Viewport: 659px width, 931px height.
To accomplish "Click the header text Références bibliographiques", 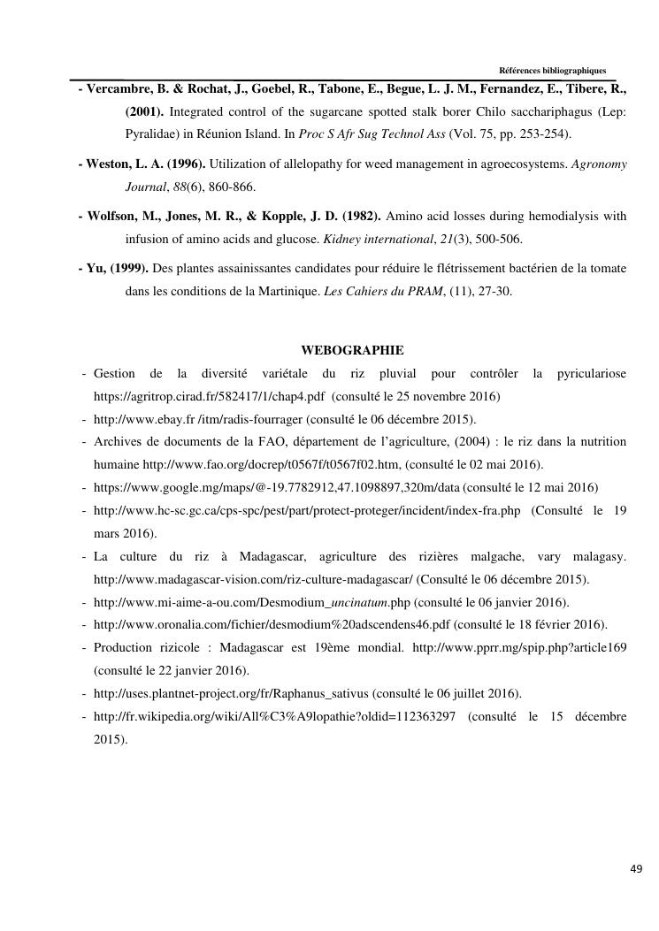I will pyautogui.click(x=552, y=71).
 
